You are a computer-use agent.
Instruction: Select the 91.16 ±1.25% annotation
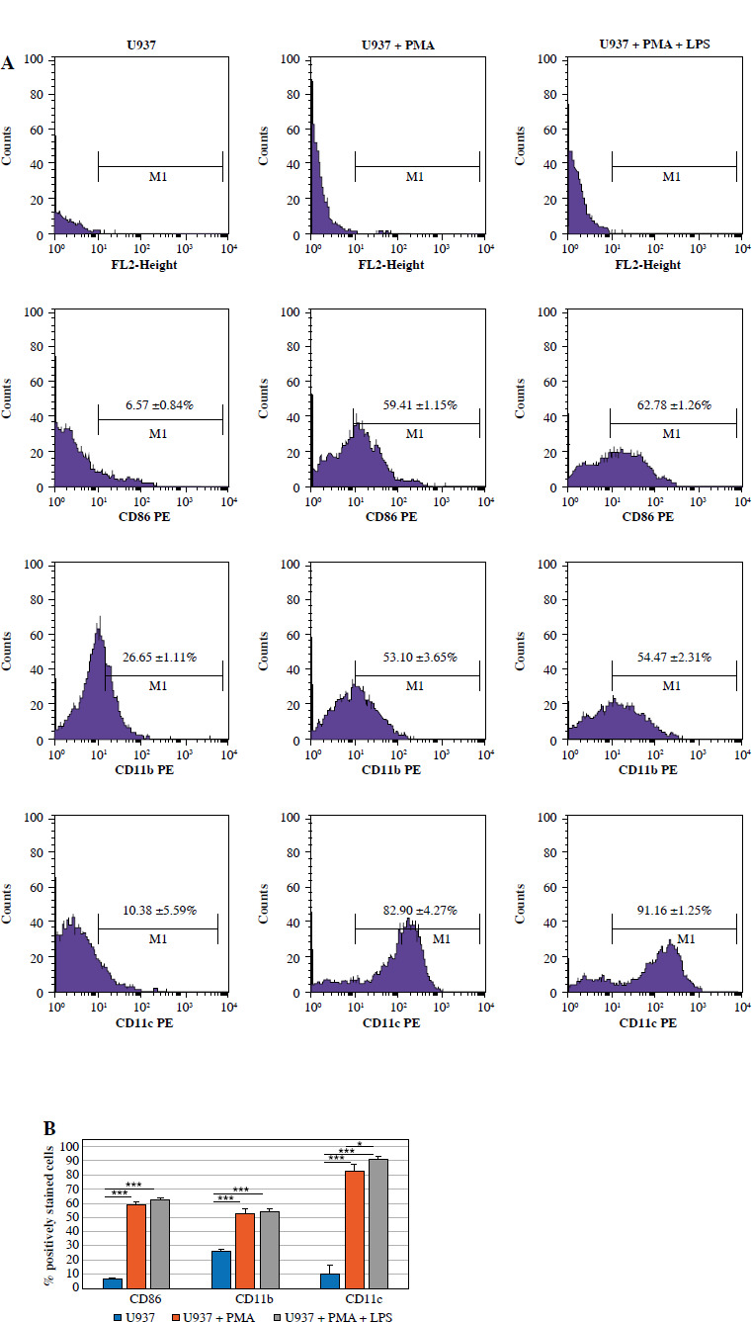(x=673, y=911)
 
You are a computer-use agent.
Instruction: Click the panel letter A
(x=8, y=63)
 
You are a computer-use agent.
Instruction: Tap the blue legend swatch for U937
(x=118, y=1316)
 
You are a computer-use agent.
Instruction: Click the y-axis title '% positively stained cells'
(x=46, y=1216)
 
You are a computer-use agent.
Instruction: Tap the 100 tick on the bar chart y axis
(x=70, y=1146)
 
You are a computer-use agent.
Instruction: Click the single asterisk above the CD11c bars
(x=360, y=1144)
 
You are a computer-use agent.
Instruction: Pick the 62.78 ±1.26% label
(x=673, y=404)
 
